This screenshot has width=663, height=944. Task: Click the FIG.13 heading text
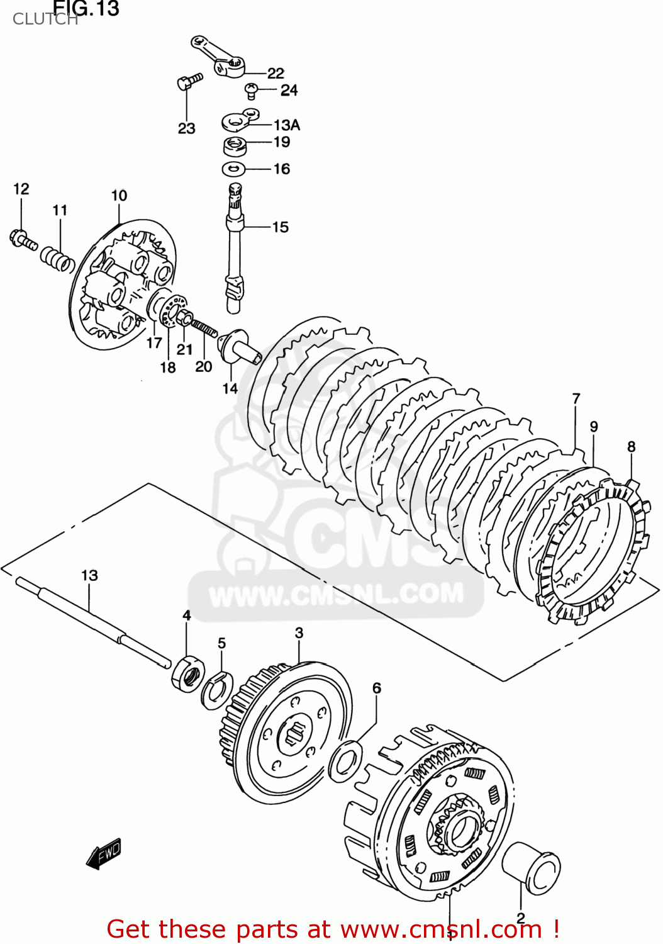[x=86, y=8]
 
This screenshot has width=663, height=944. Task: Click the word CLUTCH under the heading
[x=44, y=20]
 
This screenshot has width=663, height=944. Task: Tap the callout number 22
[x=276, y=73]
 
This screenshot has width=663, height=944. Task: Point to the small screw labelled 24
[x=252, y=91]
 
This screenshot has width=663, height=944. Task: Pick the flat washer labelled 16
[x=233, y=169]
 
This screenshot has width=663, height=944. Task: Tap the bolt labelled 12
[x=23, y=239]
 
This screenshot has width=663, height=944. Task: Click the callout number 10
[x=119, y=196]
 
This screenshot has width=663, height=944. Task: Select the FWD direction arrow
[x=104, y=854]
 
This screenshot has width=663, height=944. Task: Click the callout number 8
[x=631, y=446]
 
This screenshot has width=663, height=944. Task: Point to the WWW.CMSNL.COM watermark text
[x=336, y=595]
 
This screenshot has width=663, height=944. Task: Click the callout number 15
[x=281, y=227]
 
